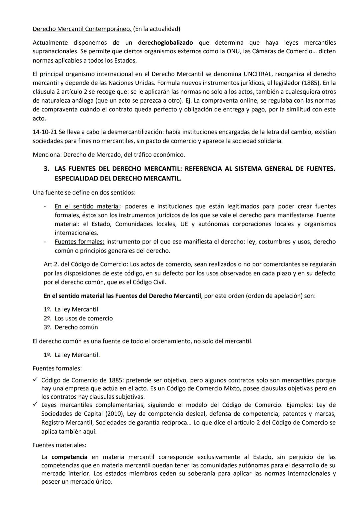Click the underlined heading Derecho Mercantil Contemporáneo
(82, 29)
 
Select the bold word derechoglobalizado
(165, 43)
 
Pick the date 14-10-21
(45, 132)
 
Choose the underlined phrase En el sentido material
(87, 206)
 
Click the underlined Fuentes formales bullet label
(79, 242)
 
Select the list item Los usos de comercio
(84, 318)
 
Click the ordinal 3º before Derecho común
(47, 327)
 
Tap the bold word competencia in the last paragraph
(69, 457)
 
